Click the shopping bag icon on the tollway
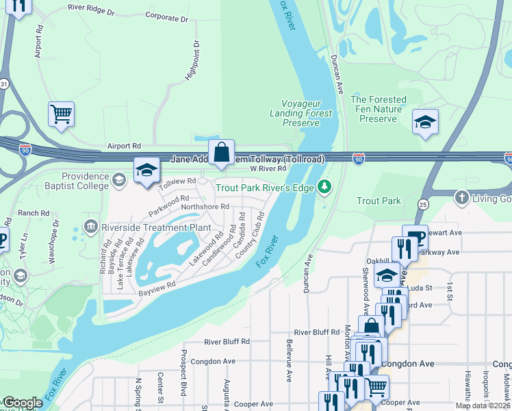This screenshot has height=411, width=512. (x=222, y=153)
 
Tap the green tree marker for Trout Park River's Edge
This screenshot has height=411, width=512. (x=325, y=187)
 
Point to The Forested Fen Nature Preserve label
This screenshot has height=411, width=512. (x=379, y=109)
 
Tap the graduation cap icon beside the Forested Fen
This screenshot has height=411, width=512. (x=425, y=123)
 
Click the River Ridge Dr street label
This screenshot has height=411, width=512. (x=97, y=9)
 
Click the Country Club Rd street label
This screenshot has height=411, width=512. (x=251, y=236)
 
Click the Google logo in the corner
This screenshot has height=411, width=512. (x=23, y=403)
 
